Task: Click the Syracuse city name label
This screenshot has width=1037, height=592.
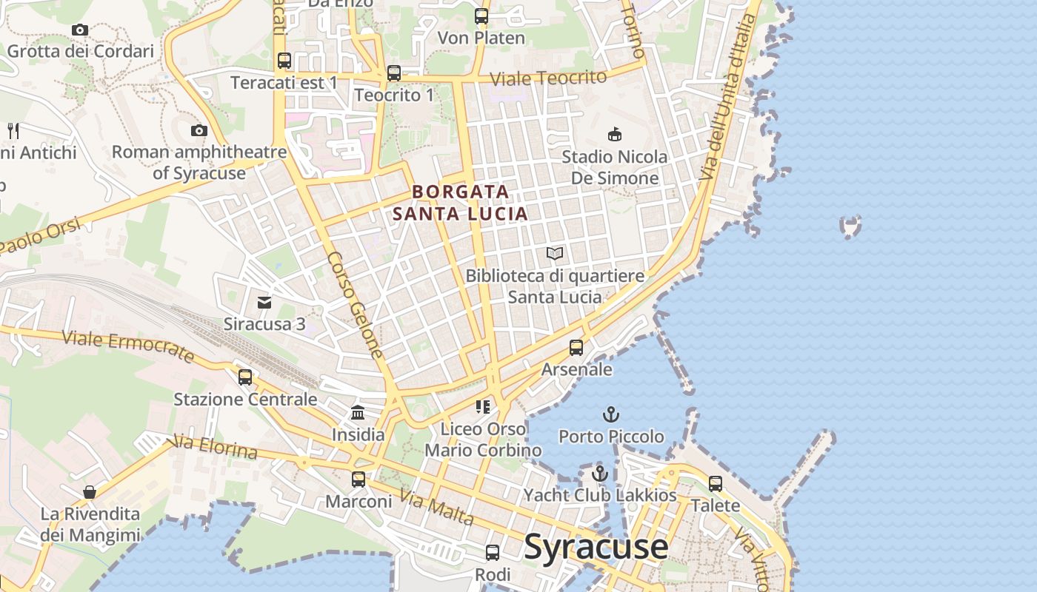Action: tap(596, 548)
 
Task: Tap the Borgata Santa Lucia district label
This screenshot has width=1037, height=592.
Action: tap(460, 203)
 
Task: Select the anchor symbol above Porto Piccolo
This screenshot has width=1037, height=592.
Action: tap(611, 414)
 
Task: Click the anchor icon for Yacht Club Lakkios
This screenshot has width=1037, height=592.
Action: tap(600, 474)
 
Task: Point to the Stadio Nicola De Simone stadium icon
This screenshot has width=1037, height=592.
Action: tap(615, 134)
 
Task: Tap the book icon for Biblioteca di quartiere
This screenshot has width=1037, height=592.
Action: tap(555, 254)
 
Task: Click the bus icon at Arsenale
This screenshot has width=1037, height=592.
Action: tap(576, 347)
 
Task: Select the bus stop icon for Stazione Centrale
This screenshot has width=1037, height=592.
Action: tap(245, 377)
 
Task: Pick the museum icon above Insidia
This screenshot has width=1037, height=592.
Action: tap(358, 412)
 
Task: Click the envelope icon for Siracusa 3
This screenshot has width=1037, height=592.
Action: tap(264, 302)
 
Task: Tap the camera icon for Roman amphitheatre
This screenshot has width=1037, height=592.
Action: tap(199, 131)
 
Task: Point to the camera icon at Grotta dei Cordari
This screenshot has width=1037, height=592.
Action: tap(80, 30)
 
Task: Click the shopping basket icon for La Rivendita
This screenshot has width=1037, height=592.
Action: tap(90, 492)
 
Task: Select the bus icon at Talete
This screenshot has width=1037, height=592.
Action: tap(716, 484)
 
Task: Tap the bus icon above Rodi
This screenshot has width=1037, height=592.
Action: tap(493, 553)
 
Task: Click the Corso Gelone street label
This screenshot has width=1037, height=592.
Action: tap(356, 304)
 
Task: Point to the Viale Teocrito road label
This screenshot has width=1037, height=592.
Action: tap(548, 78)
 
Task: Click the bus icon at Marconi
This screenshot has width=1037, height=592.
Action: tap(359, 480)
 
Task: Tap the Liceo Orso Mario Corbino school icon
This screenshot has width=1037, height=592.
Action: tap(483, 406)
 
